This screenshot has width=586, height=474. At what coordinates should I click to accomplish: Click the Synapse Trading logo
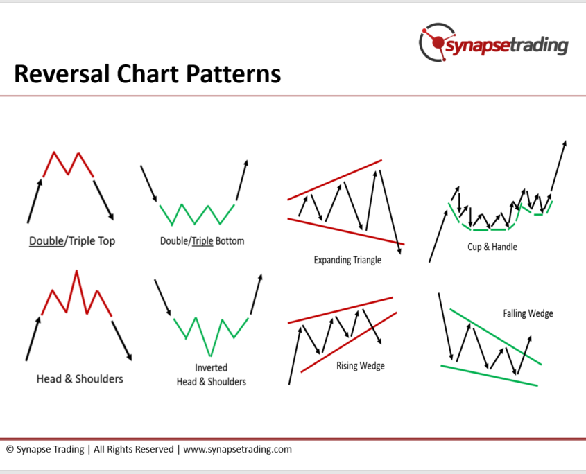click(493, 42)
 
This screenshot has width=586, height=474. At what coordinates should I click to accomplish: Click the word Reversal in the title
click(62, 73)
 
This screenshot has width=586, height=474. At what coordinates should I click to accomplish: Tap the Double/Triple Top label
click(72, 241)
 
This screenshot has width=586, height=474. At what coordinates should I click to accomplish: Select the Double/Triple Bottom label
click(202, 241)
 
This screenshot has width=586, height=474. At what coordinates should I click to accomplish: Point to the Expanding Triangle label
click(347, 260)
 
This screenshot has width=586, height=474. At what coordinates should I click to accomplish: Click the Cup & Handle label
click(492, 247)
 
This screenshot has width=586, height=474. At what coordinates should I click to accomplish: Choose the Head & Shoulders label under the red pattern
click(80, 379)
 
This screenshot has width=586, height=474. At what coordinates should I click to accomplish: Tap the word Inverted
click(211, 367)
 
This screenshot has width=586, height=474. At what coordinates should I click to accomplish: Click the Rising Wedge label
click(361, 366)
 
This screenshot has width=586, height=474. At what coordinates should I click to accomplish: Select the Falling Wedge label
click(528, 313)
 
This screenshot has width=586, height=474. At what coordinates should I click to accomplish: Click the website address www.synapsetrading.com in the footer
click(237, 449)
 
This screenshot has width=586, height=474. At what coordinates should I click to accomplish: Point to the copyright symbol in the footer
click(10, 449)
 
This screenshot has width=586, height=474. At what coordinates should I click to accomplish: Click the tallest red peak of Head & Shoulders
click(76, 271)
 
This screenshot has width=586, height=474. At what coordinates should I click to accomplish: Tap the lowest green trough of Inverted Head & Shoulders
click(210, 355)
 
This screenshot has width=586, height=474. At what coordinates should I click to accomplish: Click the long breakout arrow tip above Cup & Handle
click(565, 141)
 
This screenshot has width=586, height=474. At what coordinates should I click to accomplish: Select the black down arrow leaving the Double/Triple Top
click(103, 200)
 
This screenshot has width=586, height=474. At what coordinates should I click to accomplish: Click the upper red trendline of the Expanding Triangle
click(334, 180)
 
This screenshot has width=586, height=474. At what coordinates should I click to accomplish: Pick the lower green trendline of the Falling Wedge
click(489, 376)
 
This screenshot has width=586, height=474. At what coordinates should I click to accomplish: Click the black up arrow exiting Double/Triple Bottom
click(242, 180)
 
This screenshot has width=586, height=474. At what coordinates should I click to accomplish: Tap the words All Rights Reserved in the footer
click(133, 449)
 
